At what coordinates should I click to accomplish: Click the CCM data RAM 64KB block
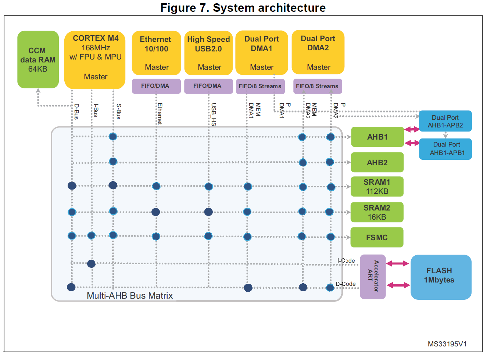point(38,60)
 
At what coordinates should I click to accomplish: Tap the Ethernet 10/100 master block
point(156,53)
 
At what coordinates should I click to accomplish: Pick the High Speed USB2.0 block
point(208,53)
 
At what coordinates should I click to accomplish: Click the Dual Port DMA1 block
point(262,53)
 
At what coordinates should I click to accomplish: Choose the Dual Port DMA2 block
point(318,52)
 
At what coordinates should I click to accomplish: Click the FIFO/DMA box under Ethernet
point(156,86)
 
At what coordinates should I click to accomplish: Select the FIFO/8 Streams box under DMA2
point(317,86)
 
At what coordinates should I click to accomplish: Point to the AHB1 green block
point(377,137)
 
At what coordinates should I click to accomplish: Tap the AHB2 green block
point(377,162)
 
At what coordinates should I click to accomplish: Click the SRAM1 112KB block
point(377,187)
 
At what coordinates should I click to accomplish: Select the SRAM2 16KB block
point(377,212)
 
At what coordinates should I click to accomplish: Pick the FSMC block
point(377,237)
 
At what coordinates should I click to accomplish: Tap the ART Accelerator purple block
point(373,277)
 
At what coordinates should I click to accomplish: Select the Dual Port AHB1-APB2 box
point(445,121)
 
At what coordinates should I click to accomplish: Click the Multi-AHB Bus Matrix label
point(129,296)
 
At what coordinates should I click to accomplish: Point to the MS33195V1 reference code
point(447,344)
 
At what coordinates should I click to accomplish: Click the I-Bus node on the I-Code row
point(92,263)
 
